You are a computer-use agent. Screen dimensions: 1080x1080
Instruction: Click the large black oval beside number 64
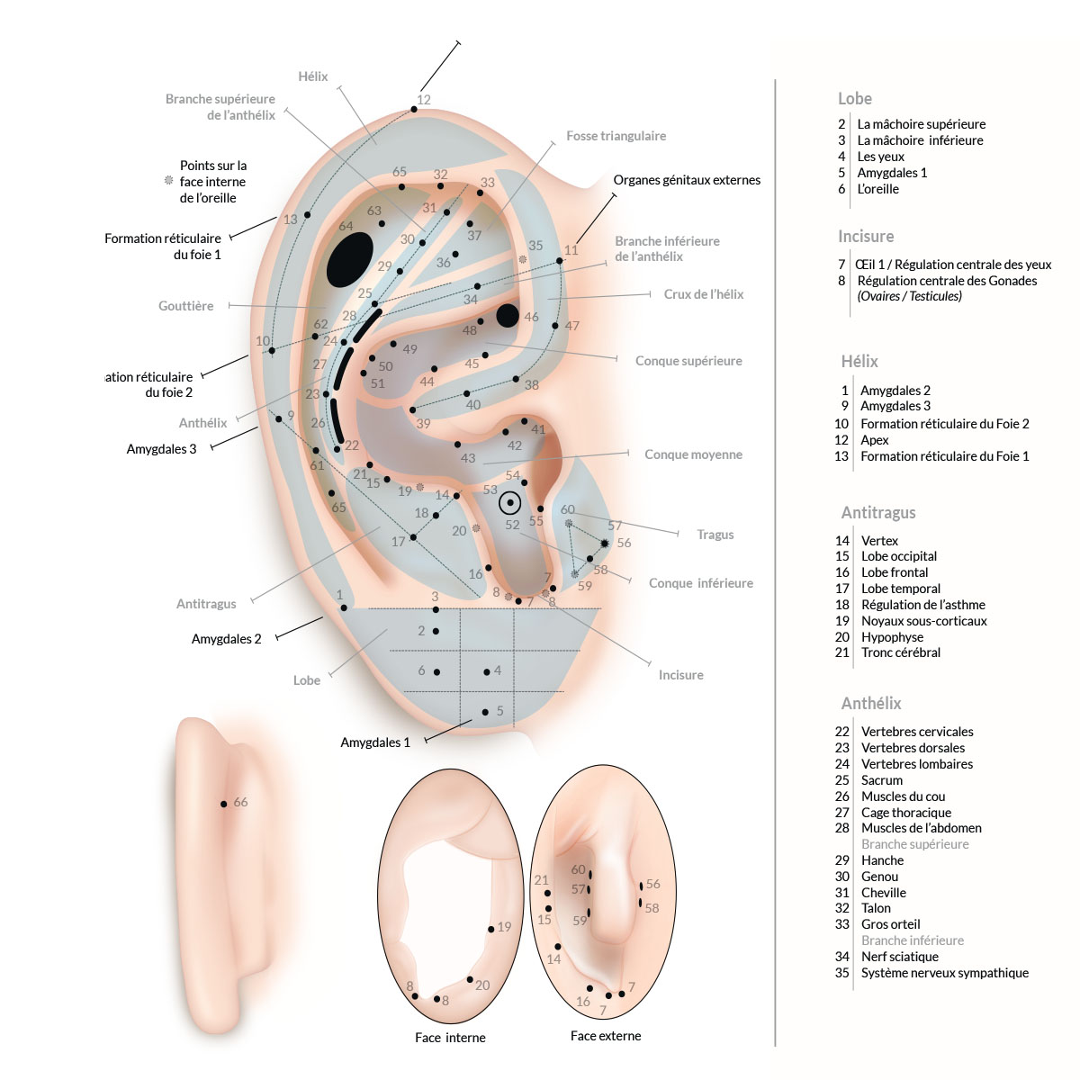[350, 259]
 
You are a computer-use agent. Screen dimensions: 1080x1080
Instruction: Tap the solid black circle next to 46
[508, 315]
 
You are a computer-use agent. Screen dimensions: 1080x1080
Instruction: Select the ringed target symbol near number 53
[510, 502]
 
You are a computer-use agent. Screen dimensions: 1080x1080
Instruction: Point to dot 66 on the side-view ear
[224, 804]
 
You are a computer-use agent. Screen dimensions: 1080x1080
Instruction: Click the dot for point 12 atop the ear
[414, 109]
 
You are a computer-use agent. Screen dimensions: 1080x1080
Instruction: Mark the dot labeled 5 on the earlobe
[485, 712]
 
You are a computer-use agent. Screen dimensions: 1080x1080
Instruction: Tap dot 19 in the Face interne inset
[491, 929]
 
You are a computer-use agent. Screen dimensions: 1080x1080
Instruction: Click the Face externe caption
[606, 1036]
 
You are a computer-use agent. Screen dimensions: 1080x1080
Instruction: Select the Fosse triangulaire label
[616, 136]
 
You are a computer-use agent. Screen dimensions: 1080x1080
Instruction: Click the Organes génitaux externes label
[687, 180]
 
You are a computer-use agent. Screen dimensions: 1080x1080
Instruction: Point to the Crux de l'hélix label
[704, 294]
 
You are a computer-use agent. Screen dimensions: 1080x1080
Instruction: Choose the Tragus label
[715, 535]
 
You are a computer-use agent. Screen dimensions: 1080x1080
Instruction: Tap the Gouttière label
[186, 306]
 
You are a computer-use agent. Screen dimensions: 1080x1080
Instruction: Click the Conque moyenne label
[693, 454]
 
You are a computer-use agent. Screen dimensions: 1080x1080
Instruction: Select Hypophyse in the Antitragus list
[892, 637]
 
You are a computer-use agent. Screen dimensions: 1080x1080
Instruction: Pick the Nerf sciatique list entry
[899, 957]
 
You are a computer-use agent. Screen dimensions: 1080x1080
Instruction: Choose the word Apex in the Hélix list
[874, 440]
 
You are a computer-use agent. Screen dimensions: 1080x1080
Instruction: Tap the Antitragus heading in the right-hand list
[878, 512]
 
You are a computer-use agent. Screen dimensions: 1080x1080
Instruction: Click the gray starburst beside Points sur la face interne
[168, 181]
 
